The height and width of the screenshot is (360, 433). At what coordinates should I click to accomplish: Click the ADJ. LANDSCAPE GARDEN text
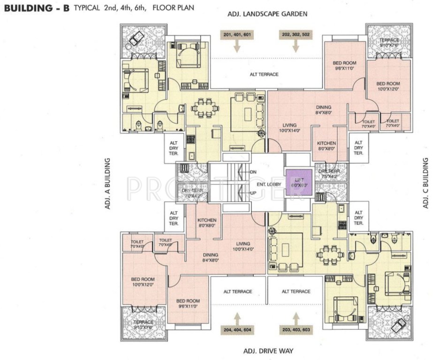[x=267, y=14]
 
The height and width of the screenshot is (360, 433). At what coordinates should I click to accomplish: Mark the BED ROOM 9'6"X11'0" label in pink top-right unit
[x=345, y=65]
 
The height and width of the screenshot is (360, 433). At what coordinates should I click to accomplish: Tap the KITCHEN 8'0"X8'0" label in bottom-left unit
[x=206, y=223]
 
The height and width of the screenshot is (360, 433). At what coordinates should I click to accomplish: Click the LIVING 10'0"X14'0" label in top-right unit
[x=289, y=127]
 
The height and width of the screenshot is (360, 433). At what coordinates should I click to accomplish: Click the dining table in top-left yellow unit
[x=205, y=109]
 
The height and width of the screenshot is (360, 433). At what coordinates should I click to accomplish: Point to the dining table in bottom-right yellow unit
[x=328, y=256]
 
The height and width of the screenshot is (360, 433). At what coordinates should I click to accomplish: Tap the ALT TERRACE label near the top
[x=264, y=75]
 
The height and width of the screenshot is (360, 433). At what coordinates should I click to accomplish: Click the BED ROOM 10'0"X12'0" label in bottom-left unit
[x=144, y=282]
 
